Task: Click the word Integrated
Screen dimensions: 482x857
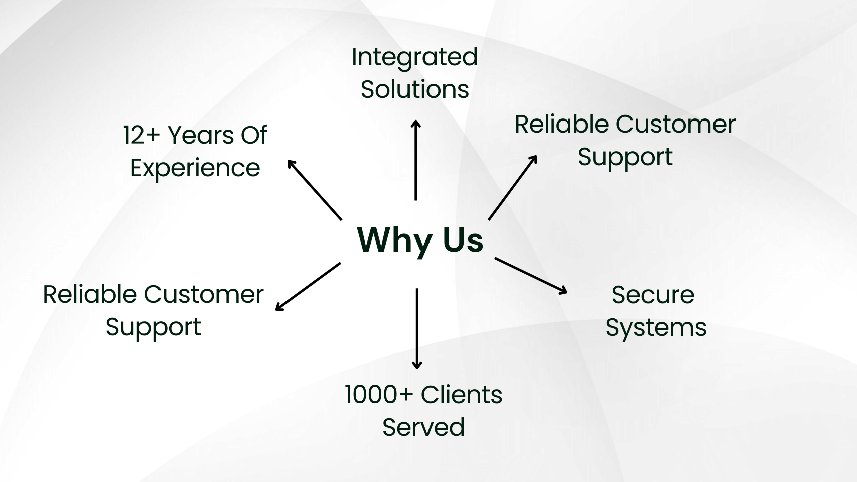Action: (414, 57)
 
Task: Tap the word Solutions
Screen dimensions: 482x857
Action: (414, 90)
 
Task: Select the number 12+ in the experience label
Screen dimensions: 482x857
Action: (140, 135)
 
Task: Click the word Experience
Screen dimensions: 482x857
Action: (195, 168)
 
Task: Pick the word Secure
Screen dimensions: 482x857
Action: (652, 295)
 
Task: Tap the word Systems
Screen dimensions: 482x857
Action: (656, 328)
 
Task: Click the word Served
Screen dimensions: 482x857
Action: (423, 427)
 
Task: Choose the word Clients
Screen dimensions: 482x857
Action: (462, 395)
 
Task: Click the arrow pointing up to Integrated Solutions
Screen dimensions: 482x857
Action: (415, 160)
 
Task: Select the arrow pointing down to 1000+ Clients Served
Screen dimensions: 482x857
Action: (416, 329)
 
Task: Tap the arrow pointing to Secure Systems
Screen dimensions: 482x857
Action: (531, 275)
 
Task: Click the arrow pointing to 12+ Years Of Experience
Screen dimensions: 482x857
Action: (314, 189)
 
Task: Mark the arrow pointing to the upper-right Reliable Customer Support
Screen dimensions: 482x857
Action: (513, 187)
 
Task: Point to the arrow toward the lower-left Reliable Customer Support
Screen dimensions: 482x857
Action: (308, 286)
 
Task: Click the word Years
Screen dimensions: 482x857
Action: (200, 135)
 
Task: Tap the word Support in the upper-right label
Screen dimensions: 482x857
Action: (625, 157)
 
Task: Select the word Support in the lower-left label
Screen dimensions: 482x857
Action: (153, 327)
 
